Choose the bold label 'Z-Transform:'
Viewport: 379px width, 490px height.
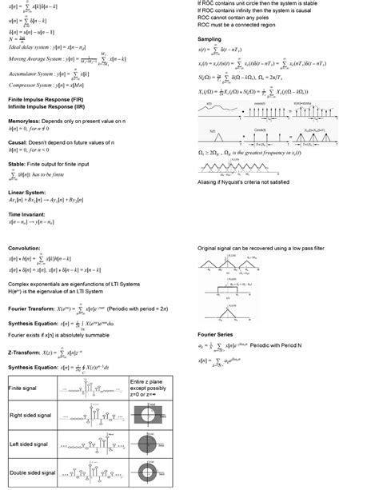tap(29, 351)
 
